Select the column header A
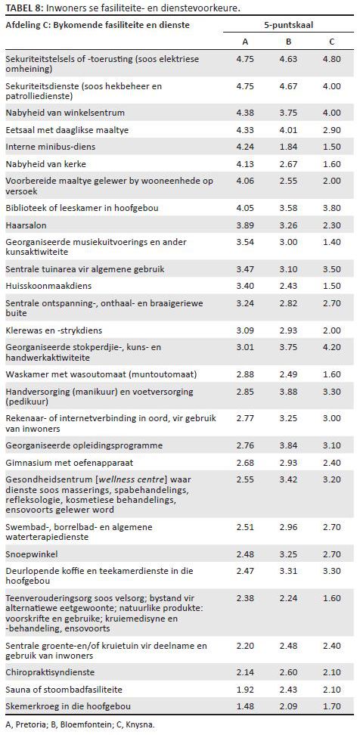tap(245, 42)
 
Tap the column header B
tap(288, 42)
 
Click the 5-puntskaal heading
tap(288, 25)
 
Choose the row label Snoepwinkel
tap(25, 554)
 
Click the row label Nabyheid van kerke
tap(39, 163)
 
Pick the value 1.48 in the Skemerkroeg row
tap(245, 707)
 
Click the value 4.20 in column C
tap(332, 347)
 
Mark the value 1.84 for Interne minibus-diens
tap(288, 147)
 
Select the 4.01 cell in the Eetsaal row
tap(288, 130)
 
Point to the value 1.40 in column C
tap(332, 242)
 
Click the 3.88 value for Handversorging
tap(288, 392)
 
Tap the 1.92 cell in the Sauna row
tap(245, 690)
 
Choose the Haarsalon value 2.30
tap(332, 225)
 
